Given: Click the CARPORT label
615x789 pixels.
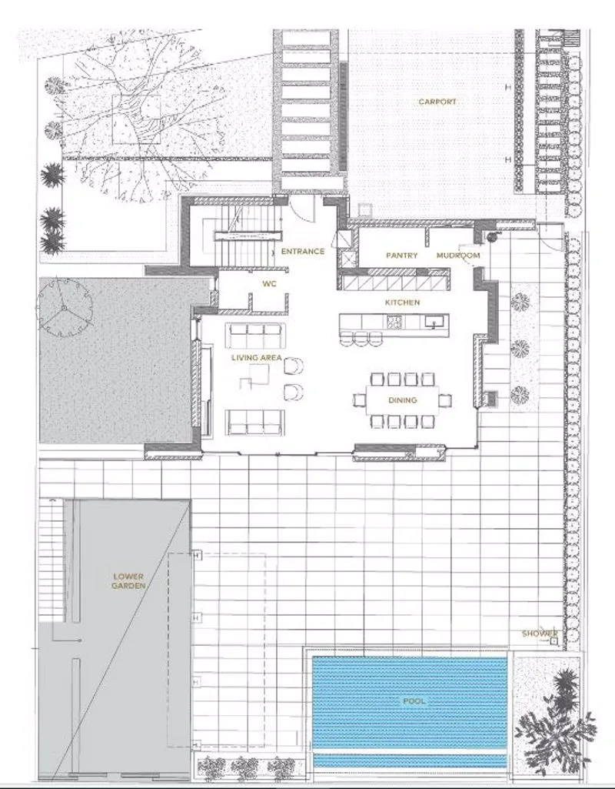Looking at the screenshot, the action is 437,102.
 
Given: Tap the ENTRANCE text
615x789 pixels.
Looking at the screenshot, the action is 302,251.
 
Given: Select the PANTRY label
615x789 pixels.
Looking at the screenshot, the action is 401,255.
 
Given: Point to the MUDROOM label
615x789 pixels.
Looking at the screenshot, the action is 457,255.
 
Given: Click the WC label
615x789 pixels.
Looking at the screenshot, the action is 269,284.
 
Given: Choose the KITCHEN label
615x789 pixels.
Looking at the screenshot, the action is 402,303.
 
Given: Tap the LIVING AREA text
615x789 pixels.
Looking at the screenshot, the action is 256,357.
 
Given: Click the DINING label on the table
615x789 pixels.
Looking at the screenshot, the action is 403,400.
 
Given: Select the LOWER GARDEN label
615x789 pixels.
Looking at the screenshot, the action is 128,581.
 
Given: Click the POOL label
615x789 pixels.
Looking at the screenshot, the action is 414,701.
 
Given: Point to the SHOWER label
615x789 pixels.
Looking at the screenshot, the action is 540,634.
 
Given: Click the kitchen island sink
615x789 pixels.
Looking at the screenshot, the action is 433,321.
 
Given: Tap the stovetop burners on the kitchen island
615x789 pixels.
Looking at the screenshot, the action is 394,322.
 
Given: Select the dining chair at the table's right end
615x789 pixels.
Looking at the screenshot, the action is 444,400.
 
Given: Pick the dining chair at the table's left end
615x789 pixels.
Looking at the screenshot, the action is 359,400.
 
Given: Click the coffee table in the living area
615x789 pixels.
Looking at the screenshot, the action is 254,377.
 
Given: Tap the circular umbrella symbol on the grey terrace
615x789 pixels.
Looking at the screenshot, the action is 65,308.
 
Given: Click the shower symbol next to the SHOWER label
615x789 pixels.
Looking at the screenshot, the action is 553,641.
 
